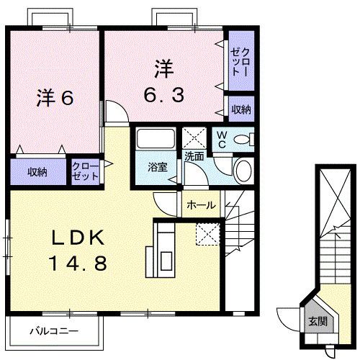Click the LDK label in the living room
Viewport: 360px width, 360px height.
(78, 238)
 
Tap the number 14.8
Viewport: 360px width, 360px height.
(78, 263)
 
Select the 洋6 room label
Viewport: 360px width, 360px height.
(54, 98)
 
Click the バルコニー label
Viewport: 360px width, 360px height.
(53, 332)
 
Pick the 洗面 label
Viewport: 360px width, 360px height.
(194, 155)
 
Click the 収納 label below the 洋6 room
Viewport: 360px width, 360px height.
(38, 172)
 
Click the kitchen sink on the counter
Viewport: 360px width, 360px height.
(165, 260)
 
